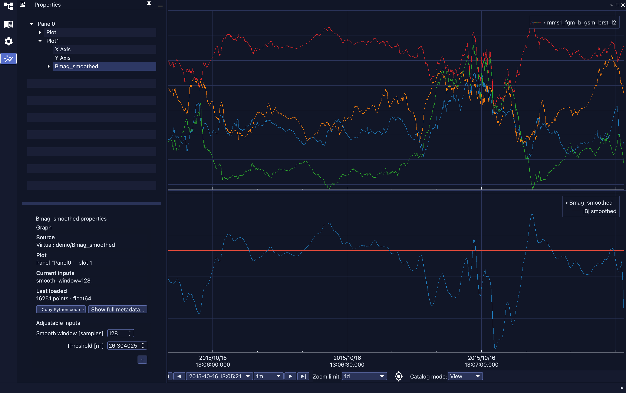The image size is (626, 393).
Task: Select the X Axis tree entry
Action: [63, 49]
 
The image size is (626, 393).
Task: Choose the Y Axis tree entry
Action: [63, 58]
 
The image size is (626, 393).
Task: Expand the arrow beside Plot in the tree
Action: [40, 32]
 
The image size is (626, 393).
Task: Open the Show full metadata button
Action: [118, 309]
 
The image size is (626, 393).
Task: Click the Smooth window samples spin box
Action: [120, 333]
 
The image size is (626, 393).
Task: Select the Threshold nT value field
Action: [127, 346]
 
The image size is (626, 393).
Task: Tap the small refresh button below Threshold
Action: [142, 360]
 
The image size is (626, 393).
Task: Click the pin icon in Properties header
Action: [149, 4]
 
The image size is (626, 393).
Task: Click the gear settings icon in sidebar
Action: [8, 41]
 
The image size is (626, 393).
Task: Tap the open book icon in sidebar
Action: [8, 24]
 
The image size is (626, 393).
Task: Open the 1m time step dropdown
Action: [268, 376]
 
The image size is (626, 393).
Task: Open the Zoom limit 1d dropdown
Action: [364, 376]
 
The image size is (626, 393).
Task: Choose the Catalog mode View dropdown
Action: [465, 376]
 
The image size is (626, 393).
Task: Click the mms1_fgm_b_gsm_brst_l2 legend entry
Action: [581, 23]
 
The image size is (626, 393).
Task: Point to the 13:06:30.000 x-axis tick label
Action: [347, 361]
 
